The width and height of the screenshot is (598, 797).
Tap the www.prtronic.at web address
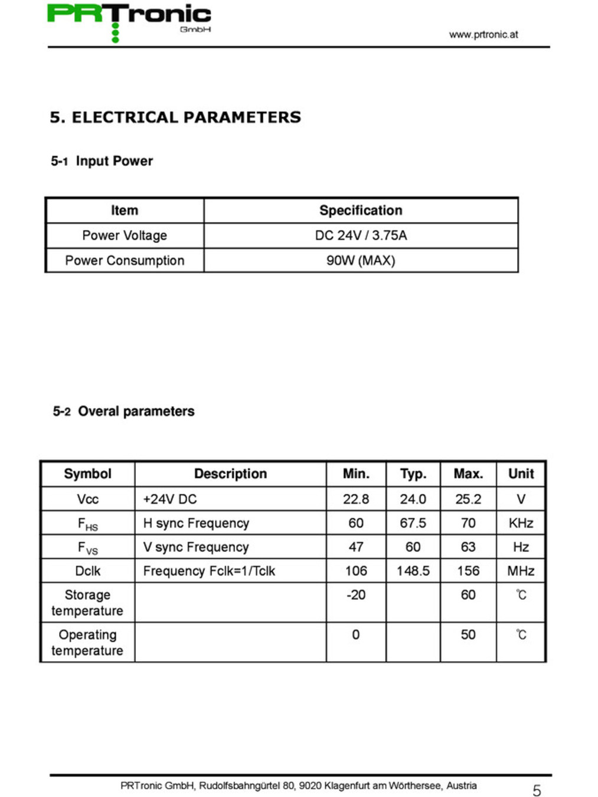tap(483, 34)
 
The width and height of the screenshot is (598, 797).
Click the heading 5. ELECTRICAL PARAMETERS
tap(175, 117)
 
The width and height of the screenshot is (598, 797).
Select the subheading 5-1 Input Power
tap(102, 161)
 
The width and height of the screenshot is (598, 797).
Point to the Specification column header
tap(361, 210)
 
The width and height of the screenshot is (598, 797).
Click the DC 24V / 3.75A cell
tap(361, 235)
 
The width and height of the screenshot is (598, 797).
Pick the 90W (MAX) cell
tap(361, 260)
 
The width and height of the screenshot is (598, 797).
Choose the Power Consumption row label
tap(125, 260)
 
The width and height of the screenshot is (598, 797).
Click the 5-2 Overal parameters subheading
tap(123, 411)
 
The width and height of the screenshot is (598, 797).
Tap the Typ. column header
tap(413, 473)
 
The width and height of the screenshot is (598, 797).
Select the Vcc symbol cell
tap(87, 499)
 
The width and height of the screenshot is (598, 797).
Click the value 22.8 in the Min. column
tap(356, 499)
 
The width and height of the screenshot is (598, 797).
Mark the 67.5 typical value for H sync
tap(413, 523)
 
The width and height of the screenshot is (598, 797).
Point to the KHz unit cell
tap(521, 523)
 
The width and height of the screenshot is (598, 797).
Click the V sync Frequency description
tap(196, 547)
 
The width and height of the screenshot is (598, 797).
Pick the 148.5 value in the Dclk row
tap(413, 571)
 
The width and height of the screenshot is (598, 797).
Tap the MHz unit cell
tap(521, 571)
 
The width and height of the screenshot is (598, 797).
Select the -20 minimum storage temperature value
tap(356, 595)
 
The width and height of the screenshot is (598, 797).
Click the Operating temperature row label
tap(87, 642)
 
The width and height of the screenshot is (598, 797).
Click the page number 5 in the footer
tap(537, 791)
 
